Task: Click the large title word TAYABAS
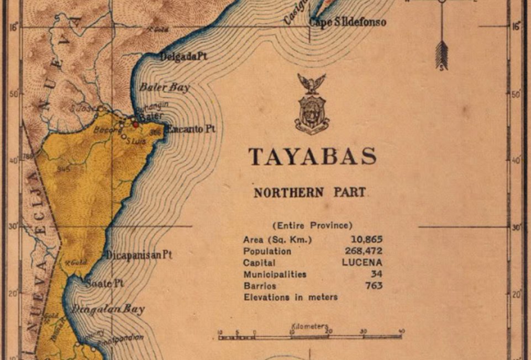pos(312,157)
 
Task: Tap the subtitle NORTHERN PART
pos(309,193)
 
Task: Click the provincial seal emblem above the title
pos(312,104)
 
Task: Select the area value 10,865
pos(366,240)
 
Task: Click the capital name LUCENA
pos(362,263)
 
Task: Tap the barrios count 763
pos(374,286)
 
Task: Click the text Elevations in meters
pos(291,298)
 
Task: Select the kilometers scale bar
pos(310,336)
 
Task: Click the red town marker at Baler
pos(136,124)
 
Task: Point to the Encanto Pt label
pos(191,129)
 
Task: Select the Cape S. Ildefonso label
pos(347,23)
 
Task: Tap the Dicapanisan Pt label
pos(139,255)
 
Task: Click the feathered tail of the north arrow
pos(441,56)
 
